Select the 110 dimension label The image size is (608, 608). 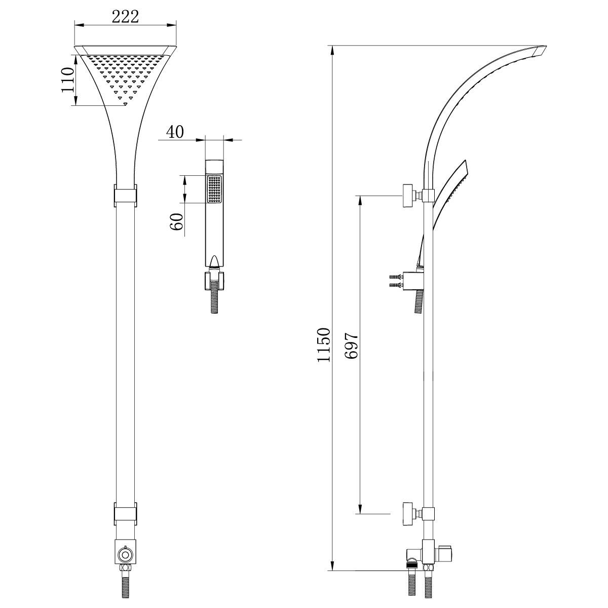pyautogui.click(x=67, y=80)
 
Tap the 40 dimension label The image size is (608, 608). pyautogui.click(x=175, y=132)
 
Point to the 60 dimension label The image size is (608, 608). pyautogui.click(x=177, y=221)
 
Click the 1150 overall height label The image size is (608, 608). pyautogui.click(x=324, y=345)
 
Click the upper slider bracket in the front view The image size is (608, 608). pyautogui.click(x=125, y=196)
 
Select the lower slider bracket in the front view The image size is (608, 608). pyautogui.click(x=125, y=485)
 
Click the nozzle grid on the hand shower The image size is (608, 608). pyautogui.click(x=214, y=188)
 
